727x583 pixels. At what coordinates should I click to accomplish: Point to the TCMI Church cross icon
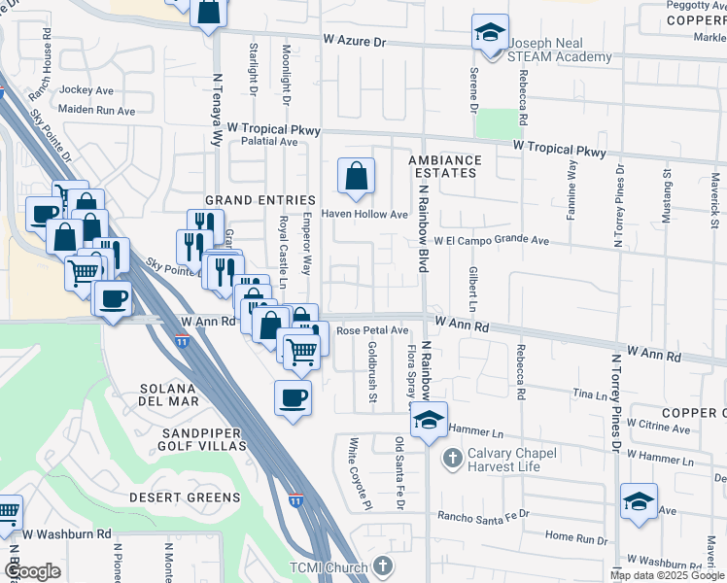(x=384, y=566)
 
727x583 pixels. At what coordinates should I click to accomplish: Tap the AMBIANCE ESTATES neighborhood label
(x=444, y=166)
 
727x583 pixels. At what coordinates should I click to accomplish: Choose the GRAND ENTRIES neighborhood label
(x=246, y=200)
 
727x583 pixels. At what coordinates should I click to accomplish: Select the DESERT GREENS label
(x=185, y=497)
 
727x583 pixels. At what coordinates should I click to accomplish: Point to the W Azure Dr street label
(x=355, y=42)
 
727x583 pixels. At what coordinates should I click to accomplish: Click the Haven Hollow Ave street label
(x=364, y=215)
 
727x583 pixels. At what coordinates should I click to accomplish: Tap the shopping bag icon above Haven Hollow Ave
(x=357, y=177)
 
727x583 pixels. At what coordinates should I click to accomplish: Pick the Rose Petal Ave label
(x=372, y=330)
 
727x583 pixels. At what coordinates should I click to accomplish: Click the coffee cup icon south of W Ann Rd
(x=293, y=398)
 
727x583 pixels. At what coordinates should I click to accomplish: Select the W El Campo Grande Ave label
(x=492, y=240)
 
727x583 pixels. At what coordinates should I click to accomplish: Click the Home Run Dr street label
(x=575, y=536)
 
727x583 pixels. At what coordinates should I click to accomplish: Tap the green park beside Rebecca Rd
(x=497, y=123)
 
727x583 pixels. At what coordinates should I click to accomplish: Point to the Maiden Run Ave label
(x=97, y=111)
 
